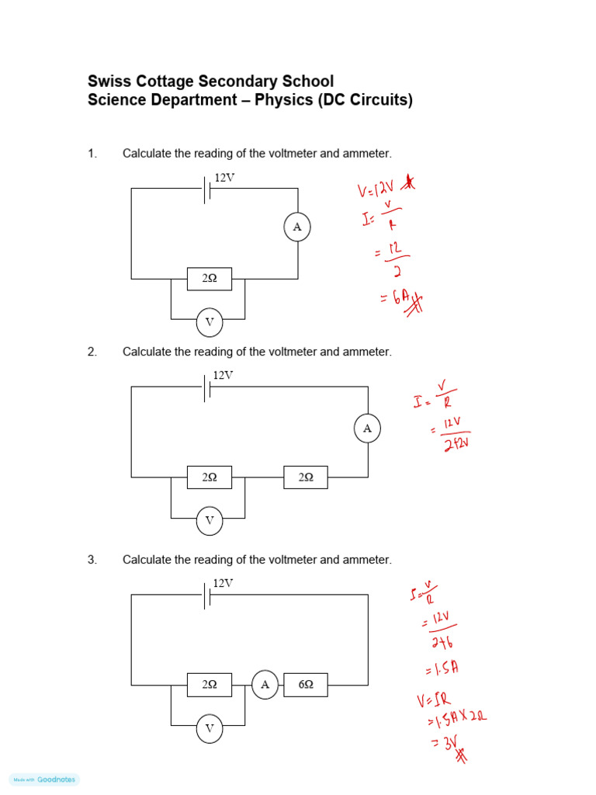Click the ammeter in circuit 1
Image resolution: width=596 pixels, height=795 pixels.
[x=296, y=227]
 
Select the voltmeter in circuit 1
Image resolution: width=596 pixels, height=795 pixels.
[x=210, y=322]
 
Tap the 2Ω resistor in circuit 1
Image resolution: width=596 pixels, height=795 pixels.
[x=210, y=279]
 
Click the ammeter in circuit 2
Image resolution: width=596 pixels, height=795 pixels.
[x=367, y=429]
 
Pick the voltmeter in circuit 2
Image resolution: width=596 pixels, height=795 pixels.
[x=210, y=521]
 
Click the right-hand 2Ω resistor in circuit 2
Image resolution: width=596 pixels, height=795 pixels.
[x=306, y=477]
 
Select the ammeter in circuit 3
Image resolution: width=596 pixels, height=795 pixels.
[x=265, y=685]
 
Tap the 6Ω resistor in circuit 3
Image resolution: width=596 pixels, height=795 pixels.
[x=306, y=685]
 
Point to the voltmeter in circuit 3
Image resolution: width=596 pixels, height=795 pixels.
[x=210, y=729]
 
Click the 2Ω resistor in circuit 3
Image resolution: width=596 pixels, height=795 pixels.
[x=210, y=685]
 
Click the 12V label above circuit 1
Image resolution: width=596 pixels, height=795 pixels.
[x=224, y=178]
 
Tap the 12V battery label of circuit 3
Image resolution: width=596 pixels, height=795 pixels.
[x=223, y=583]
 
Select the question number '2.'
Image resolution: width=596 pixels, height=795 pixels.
[x=92, y=352]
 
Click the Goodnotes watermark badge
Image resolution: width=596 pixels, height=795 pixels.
[x=44, y=779]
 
